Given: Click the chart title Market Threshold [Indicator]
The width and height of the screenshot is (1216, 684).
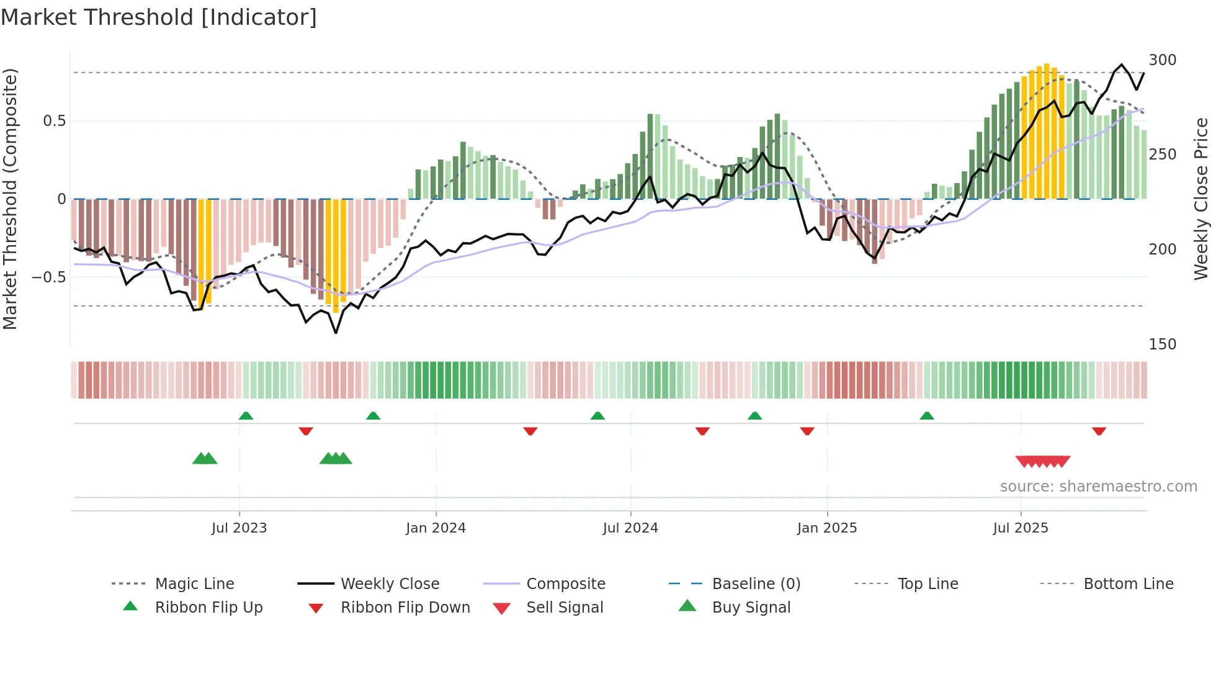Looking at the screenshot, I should [x=159, y=17].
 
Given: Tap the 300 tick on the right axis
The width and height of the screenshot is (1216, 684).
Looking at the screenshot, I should [x=1162, y=60].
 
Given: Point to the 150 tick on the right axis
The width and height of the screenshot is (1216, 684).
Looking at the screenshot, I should [x=1162, y=344].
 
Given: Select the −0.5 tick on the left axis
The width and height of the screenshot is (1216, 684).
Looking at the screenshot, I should [x=49, y=277].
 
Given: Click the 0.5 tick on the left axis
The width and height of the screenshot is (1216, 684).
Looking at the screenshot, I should [x=54, y=121].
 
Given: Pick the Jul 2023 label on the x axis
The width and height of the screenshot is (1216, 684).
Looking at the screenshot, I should [x=239, y=528].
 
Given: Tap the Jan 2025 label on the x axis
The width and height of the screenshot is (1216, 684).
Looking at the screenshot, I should [x=826, y=528].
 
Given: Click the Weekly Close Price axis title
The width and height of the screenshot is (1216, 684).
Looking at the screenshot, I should [x=1201, y=199].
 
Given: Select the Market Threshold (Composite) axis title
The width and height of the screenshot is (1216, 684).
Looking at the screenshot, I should [x=10, y=199].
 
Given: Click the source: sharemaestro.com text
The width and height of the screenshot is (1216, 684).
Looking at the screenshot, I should [x=1098, y=487].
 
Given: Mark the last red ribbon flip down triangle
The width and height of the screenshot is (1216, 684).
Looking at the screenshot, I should [x=1099, y=431].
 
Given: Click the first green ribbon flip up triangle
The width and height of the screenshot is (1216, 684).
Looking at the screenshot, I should [x=246, y=416].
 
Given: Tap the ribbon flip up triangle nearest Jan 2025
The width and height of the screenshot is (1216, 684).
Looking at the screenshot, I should [x=754, y=416].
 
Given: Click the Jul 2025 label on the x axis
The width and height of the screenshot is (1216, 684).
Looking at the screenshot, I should [x=1020, y=528].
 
